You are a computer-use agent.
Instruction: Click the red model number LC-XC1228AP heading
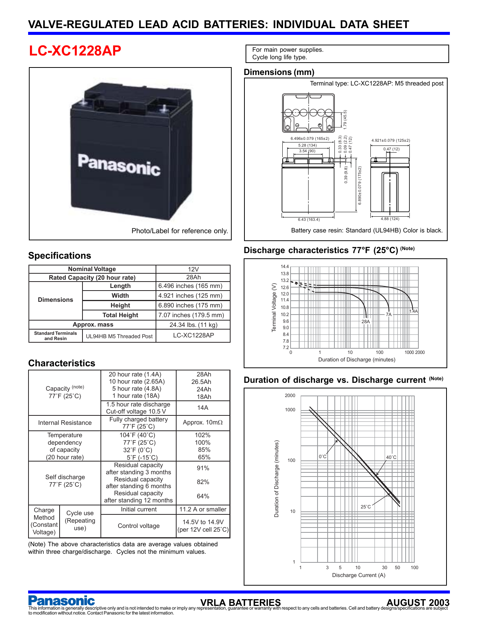coord(75,51)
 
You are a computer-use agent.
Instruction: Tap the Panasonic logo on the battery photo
coord(119,165)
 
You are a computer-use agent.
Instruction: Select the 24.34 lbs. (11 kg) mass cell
coord(193,325)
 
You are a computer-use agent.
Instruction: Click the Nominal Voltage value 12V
coord(193,269)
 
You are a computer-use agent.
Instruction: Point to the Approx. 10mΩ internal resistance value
coord(202,423)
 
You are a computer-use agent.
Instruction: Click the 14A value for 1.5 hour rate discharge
coord(202,408)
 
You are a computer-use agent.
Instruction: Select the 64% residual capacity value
coord(203,496)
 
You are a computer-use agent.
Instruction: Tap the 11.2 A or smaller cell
coord(203,509)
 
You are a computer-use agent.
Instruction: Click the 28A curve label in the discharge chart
coord(366,321)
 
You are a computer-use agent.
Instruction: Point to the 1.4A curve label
coord(414,311)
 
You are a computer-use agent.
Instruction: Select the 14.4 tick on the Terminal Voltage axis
coord(285,267)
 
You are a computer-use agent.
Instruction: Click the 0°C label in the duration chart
coord(322,457)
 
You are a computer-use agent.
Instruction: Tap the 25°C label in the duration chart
coord(366,507)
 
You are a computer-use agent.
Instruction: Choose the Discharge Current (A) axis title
coord(358,575)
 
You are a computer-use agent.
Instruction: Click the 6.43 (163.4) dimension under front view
coord(309,219)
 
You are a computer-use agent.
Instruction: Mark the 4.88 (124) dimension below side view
coord(390,219)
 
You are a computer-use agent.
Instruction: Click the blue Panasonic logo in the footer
coord(61,601)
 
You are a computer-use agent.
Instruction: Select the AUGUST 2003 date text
coord(418,603)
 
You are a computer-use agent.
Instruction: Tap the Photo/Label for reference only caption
coord(180,231)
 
